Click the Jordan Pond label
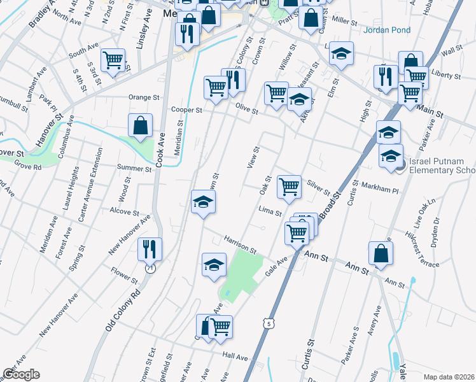coord(387,30)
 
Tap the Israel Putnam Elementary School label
coord(442,166)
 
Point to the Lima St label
coord(270,209)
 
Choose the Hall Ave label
coord(235,358)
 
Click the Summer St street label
coord(134,169)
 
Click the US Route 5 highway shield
coord(269,324)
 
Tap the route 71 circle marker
coord(150,269)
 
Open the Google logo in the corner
coord(21,374)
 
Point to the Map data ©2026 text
coord(449,377)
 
